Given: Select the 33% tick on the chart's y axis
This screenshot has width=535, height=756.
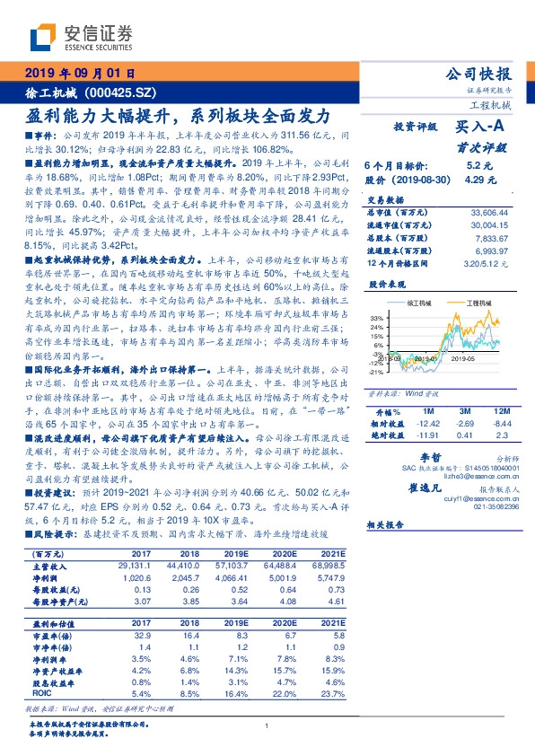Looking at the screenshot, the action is [376, 319].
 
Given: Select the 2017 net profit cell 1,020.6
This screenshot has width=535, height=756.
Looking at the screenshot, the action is [134, 577].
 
